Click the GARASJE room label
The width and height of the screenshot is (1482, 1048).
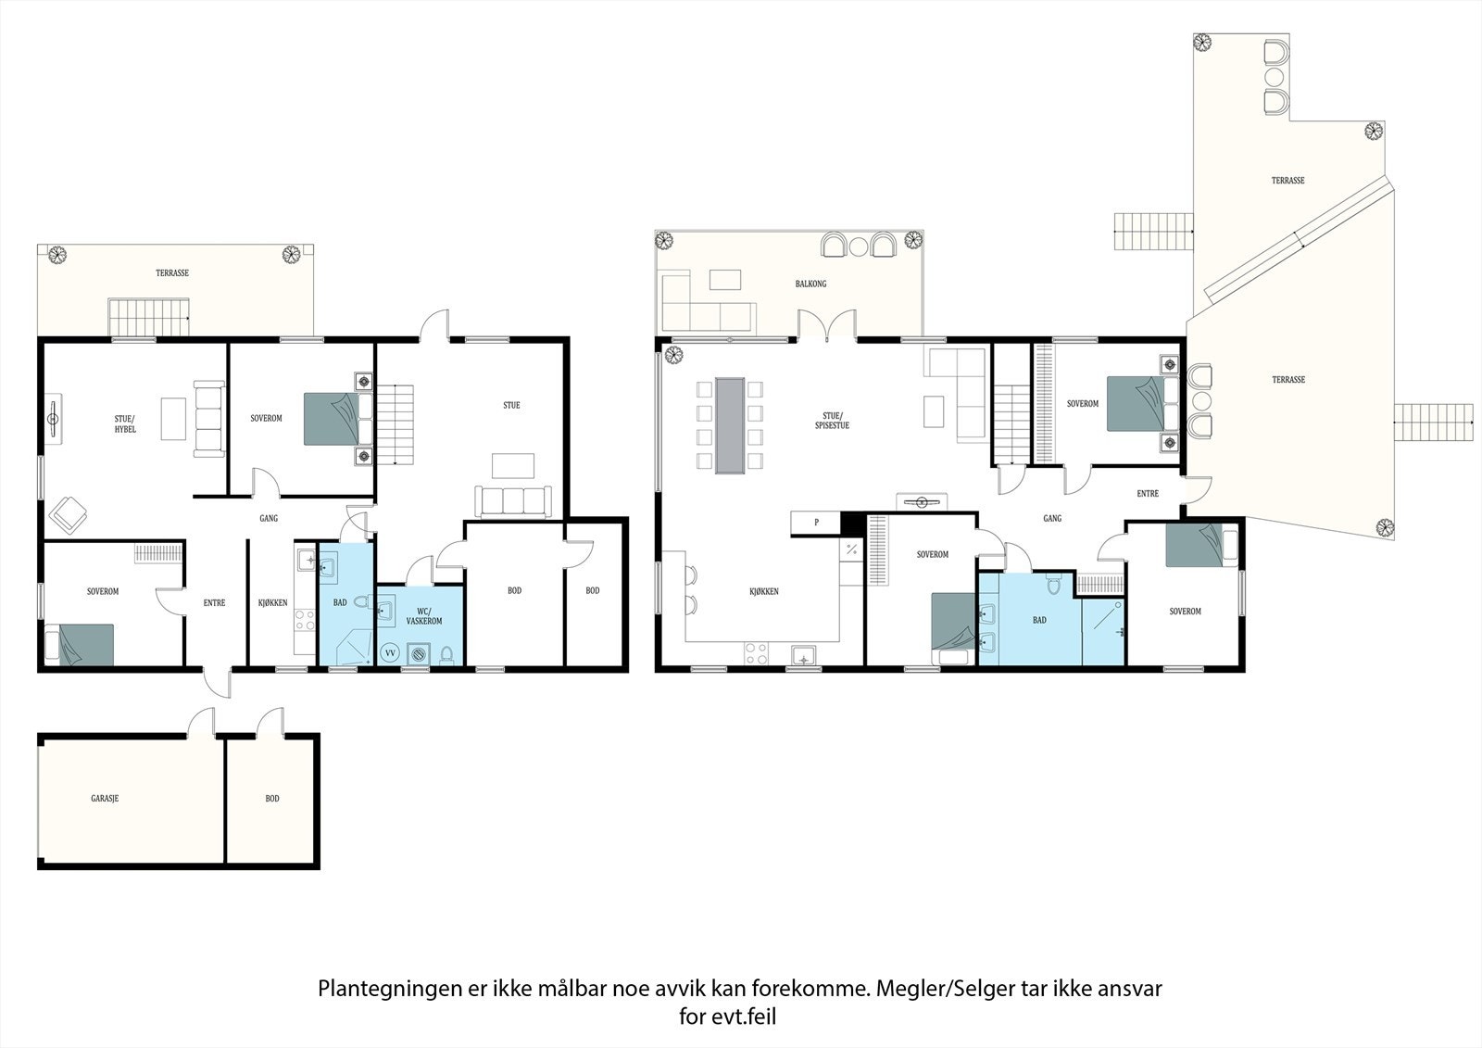point(105,799)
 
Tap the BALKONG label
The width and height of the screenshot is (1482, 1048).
point(810,284)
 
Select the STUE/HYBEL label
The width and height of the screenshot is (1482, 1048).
point(124,423)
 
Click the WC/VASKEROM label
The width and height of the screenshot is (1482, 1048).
point(424,615)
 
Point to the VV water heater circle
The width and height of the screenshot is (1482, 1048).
point(390,652)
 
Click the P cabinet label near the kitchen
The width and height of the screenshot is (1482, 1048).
point(816,523)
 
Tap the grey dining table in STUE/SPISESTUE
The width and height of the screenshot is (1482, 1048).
point(730,425)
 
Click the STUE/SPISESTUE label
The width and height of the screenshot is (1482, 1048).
point(832,421)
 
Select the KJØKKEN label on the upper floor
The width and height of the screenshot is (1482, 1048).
point(763,591)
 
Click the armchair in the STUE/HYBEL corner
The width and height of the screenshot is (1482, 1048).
point(69,514)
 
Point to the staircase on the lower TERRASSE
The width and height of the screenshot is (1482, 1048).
point(149,318)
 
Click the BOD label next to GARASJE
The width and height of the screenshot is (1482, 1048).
point(272,799)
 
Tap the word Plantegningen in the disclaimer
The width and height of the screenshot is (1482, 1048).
point(390,990)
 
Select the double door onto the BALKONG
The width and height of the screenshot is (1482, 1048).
point(827,325)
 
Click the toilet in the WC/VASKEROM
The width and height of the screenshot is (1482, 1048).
point(446,654)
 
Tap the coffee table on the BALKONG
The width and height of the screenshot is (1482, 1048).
point(725,280)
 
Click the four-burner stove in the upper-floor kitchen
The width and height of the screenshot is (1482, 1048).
point(757,653)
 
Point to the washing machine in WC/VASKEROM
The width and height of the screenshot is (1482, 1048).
point(418,653)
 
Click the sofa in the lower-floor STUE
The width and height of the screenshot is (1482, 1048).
point(513,501)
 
